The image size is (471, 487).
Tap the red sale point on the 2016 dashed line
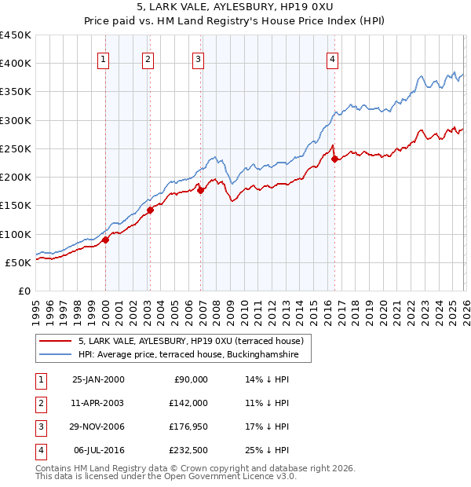tap(335, 159)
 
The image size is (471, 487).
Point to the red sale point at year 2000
tap(105, 240)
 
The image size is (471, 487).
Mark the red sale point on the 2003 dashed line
tap(150, 210)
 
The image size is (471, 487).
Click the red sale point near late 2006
tap(200, 190)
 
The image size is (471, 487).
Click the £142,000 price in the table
tap(189, 402)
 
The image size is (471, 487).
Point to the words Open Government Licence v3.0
tap(231, 476)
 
